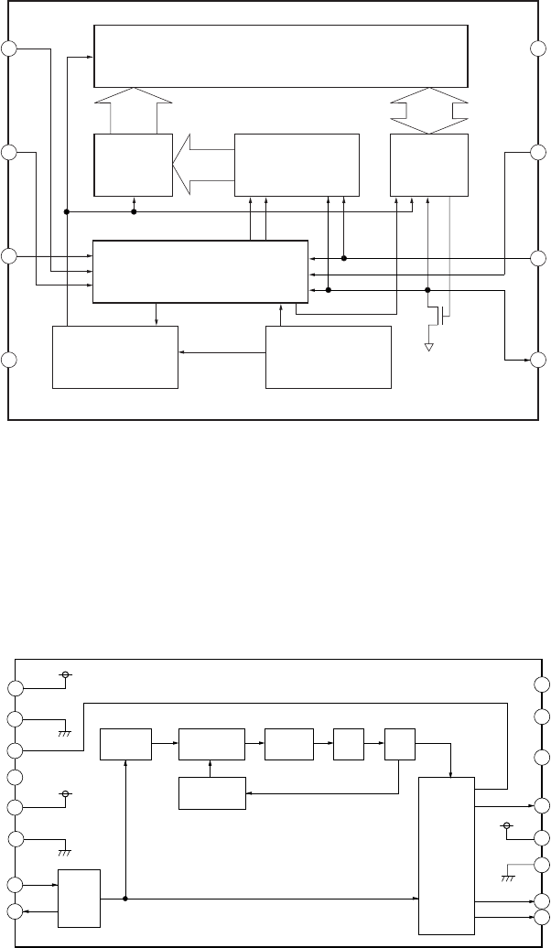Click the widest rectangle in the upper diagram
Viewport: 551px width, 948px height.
[x=282, y=56]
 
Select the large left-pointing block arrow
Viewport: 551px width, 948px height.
[x=203, y=164]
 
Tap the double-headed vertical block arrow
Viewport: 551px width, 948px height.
[x=428, y=111]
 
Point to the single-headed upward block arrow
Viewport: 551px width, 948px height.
[x=134, y=111]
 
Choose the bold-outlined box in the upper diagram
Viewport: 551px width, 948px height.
[x=200, y=271]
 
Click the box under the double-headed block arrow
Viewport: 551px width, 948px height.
[x=428, y=164]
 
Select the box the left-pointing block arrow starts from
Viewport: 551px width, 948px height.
[x=297, y=164]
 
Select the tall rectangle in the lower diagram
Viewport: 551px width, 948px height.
[x=447, y=852]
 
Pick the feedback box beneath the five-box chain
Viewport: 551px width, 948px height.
[x=212, y=793]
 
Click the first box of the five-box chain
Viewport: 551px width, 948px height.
[x=125, y=743]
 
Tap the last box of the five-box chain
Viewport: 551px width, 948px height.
[x=400, y=743]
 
